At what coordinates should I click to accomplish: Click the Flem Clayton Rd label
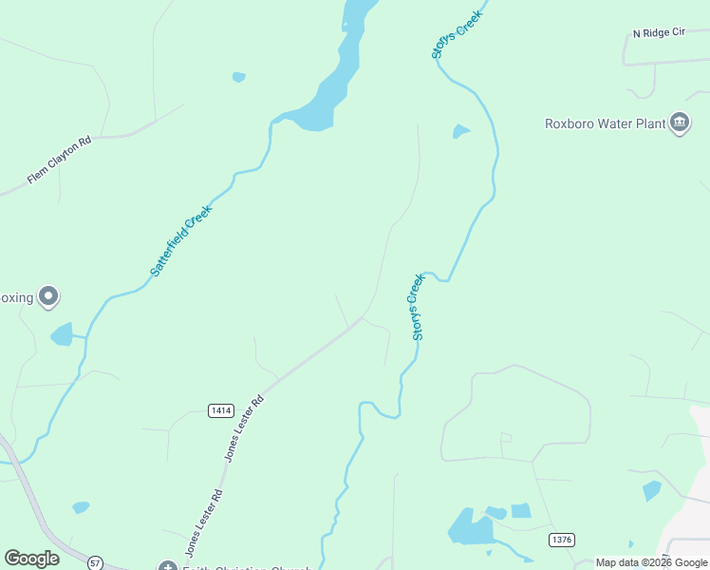click(x=59, y=160)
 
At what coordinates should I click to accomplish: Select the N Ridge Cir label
click(x=659, y=33)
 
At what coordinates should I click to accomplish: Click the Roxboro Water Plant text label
click(x=604, y=123)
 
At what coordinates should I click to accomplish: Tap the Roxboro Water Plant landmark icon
click(x=680, y=123)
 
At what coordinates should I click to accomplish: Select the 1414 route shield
click(x=221, y=409)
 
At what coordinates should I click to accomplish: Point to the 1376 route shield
click(x=561, y=540)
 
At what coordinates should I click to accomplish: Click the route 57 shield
click(x=95, y=562)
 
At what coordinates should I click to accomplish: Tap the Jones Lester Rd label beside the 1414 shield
click(x=244, y=427)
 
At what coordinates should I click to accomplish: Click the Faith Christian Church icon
click(x=168, y=567)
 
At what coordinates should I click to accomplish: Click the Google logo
click(x=31, y=559)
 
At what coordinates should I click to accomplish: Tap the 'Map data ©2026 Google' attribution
click(x=651, y=562)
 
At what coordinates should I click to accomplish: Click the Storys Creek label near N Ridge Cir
click(x=457, y=35)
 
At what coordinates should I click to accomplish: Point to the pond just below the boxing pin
click(x=62, y=333)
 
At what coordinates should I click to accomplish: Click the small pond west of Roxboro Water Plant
click(x=461, y=131)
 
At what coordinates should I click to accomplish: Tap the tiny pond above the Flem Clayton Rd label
click(x=238, y=77)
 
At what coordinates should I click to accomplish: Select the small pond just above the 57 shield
click(x=81, y=507)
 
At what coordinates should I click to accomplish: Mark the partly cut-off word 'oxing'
click(x=16, y=297)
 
